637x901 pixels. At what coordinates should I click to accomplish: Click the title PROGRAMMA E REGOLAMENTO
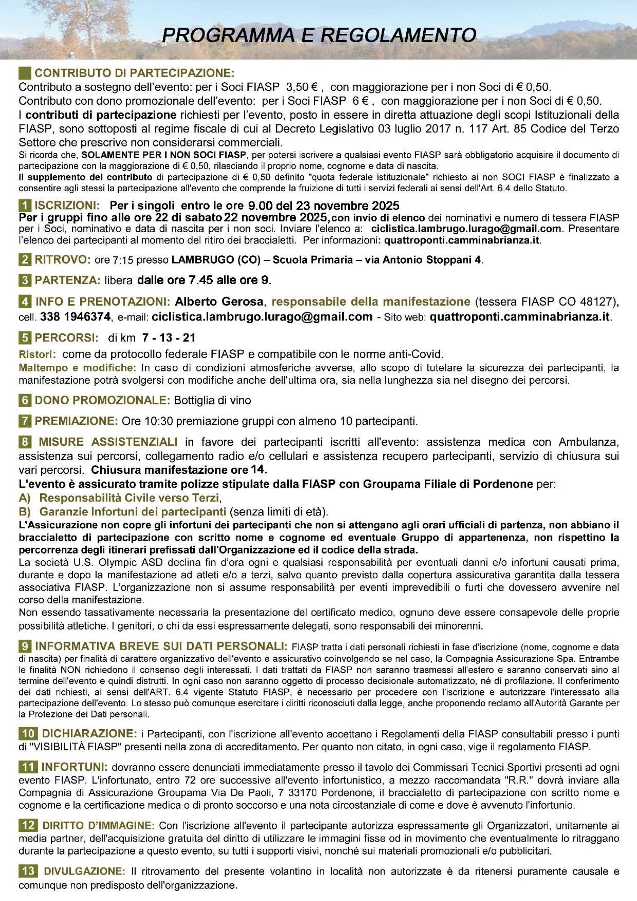pos(319,35)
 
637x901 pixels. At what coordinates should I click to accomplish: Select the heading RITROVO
pos(63,260)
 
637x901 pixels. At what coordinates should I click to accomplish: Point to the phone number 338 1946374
pos(75,317)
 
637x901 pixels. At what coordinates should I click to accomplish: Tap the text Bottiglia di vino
pos(212,400)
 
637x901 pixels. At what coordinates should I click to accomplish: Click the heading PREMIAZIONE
pos(76,421)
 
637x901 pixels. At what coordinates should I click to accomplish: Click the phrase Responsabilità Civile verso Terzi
pos(129,498)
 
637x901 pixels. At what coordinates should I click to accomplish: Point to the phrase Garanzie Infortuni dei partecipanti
pos(133,512)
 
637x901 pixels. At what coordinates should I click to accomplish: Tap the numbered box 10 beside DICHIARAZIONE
pos(28,733)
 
